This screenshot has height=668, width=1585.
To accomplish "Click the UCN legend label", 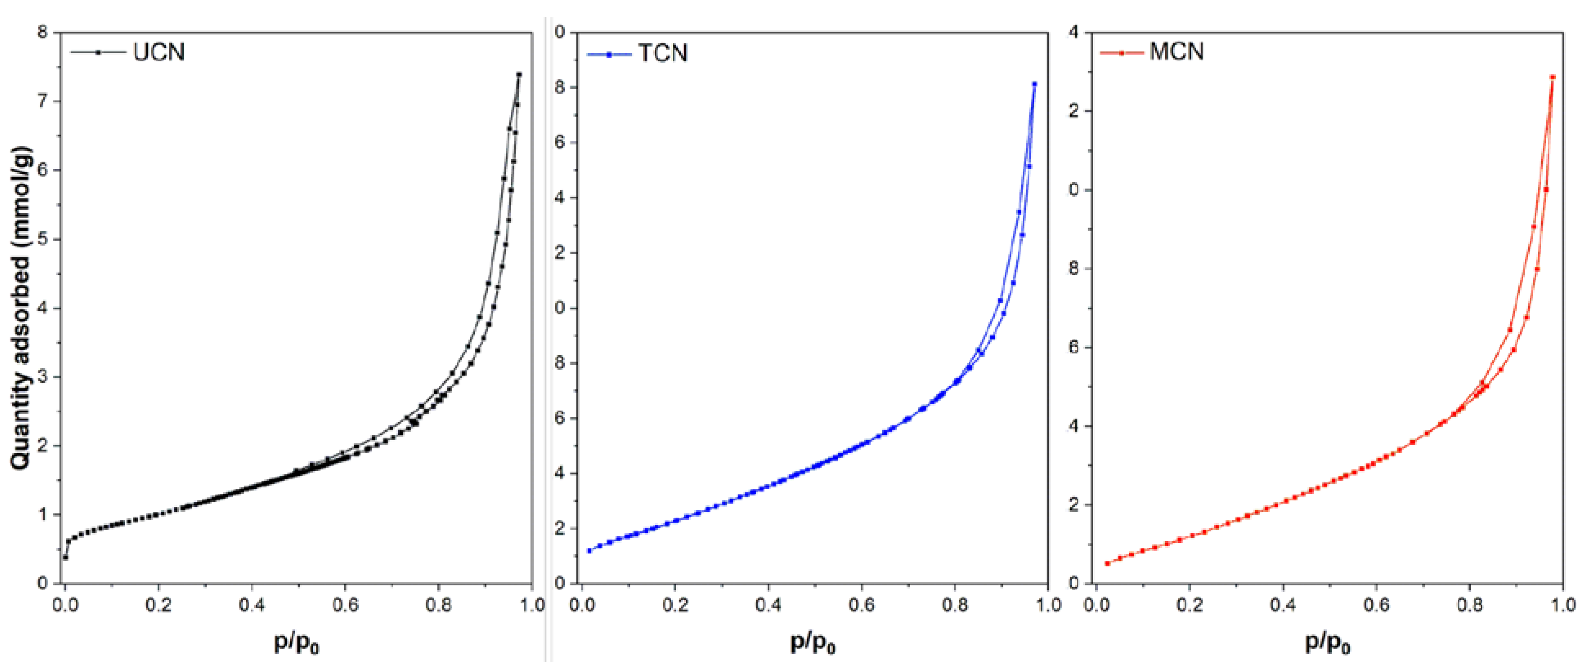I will click(159, 52).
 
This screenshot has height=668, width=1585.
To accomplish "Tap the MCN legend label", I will click(1177, 52).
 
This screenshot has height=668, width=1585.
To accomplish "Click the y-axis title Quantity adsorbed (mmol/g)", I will click(21, 308).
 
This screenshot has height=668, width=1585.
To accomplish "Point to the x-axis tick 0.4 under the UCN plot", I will click(252, 606).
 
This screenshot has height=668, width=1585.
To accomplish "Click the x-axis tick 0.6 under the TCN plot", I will click(861, 606).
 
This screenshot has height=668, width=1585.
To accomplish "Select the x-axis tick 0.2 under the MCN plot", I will click(1189, 606).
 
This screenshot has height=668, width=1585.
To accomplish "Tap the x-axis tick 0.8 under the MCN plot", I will click(1470, 606).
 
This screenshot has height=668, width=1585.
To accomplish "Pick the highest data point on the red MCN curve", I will click(1552, 77).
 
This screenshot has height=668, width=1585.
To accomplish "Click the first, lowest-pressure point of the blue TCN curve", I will click(589, 551).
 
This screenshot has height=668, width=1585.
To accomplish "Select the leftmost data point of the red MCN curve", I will click(1107, 563).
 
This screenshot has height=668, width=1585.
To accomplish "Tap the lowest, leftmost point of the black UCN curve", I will click(65, 557).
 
